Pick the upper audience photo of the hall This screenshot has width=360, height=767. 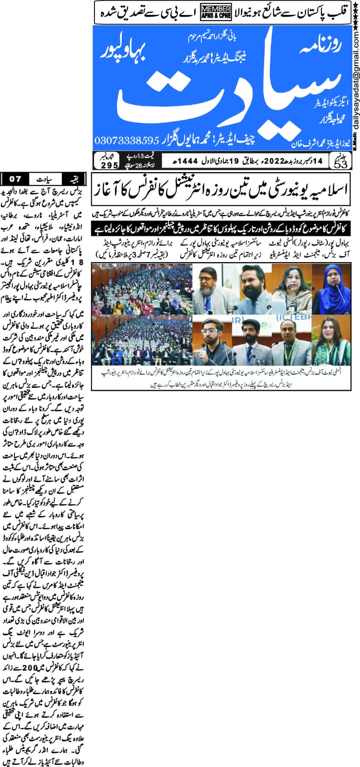142,287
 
